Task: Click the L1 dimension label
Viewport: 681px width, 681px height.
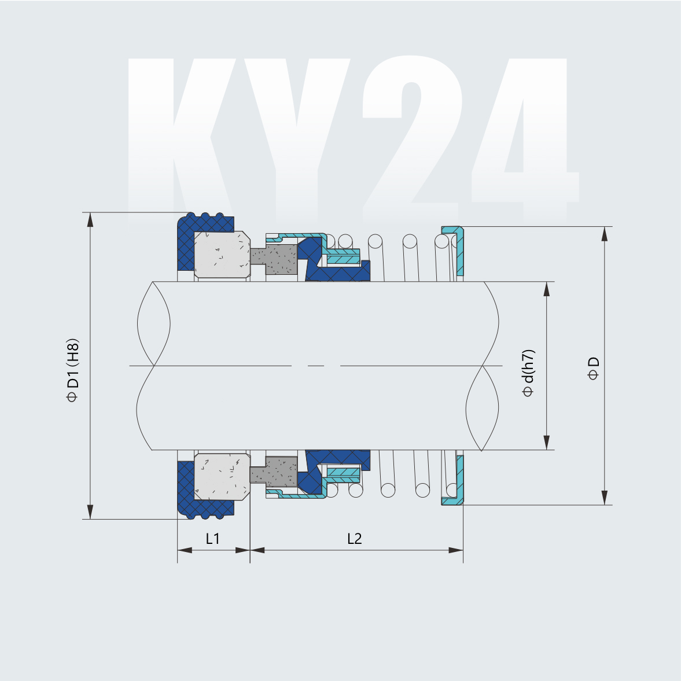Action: pyautogui.click(x=213, y=539)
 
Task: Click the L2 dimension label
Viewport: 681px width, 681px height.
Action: pyautogui.click(x=355, y=539)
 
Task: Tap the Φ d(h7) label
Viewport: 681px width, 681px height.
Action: pyautogui.click(x=528, y=373)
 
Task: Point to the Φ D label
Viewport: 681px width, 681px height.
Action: pyautogui.click(x=594, y=369)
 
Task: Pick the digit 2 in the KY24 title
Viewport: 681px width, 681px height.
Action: pyautogui.click(x=408, y=133)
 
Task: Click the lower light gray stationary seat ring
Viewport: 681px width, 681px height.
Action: pyautogui.click(x=221, y=476)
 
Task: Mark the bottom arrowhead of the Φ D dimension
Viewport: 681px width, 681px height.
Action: pyautogui.click(x=605, y=498)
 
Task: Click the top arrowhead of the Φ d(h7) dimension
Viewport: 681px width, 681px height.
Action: pyautogui.click(x=546, y=289)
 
